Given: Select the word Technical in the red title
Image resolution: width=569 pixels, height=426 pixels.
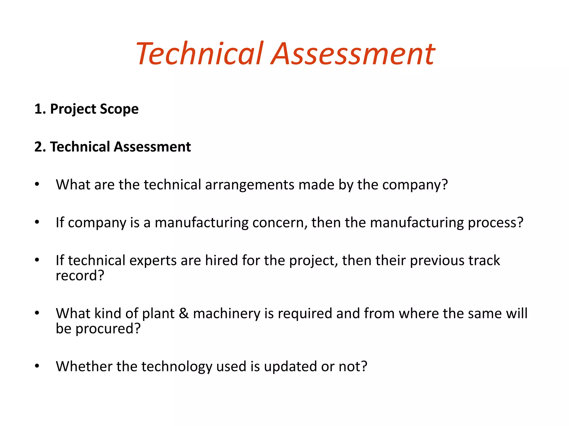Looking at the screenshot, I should (x=199, y=54).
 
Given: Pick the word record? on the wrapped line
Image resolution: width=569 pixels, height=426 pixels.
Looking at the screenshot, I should (x=80, y=276).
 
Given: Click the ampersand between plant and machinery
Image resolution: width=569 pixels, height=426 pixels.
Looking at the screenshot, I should (x=184, y=313).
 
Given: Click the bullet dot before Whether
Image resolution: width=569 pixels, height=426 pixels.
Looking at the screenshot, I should (x=37, y=366).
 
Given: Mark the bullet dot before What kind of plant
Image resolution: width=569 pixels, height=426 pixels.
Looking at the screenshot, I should (x=37, y=313).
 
